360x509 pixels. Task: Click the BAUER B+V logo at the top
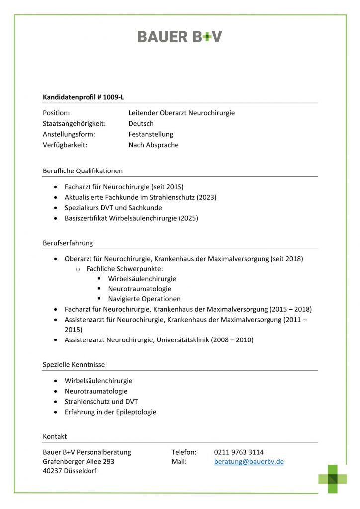[180, 36]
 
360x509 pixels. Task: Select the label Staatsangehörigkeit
[74, 124]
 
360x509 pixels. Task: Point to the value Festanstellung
[151, 134]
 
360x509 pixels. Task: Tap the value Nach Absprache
[153, 145]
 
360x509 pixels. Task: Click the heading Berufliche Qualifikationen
[83, 171]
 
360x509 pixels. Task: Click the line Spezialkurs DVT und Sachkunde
[113, 208]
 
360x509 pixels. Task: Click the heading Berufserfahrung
[68, 243]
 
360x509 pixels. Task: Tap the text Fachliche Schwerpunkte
[121, 269]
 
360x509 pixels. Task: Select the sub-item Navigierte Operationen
[144, 299]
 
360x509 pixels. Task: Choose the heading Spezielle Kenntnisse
[74, 365]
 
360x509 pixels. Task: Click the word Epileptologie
[135, 412]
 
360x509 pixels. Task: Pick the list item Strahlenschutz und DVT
[101, 402]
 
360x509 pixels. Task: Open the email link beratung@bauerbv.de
[249, 462]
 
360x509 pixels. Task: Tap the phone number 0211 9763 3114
[239, 452]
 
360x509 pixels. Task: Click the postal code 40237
[52, 471]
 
